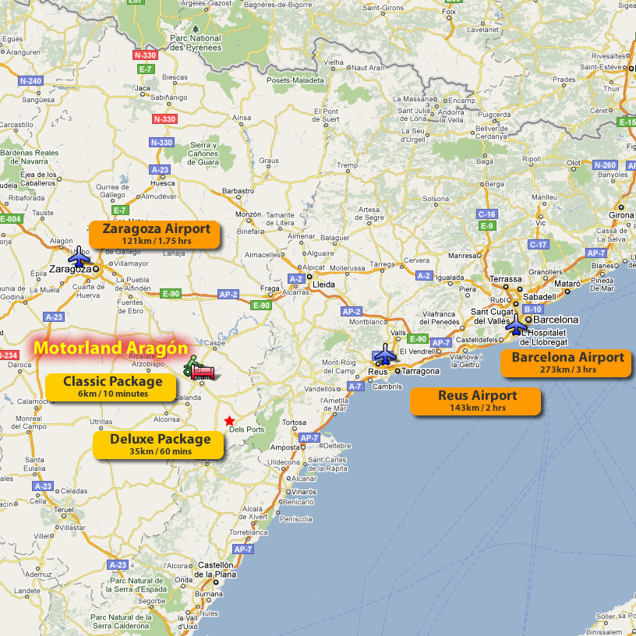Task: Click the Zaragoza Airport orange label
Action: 156,234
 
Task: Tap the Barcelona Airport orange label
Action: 567,362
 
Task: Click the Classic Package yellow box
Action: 112,387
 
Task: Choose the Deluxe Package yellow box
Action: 160,444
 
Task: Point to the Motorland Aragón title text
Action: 111,348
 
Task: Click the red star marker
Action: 229,421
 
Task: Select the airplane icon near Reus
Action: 385,355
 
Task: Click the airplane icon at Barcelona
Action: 516,325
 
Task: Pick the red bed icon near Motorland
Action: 202,372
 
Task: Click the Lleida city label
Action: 323,284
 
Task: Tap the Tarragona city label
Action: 421,372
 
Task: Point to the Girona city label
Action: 620,215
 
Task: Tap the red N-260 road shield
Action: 605,165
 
